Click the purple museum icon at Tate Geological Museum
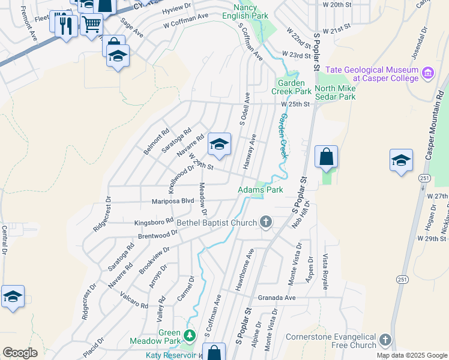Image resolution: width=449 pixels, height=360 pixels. [x=428, y=73]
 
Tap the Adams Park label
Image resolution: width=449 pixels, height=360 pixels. [x=261, y=190]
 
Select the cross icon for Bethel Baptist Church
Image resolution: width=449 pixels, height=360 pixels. [x=265, y=223]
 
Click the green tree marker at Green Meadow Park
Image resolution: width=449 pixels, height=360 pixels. [x=190, y=334]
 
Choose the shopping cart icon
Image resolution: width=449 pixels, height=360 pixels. [x=91, y=25]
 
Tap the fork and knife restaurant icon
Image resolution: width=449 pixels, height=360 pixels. [x=66, y=25]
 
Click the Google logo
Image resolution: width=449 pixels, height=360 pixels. [x=20, y=353]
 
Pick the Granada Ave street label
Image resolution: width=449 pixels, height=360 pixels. [x=277, y=298]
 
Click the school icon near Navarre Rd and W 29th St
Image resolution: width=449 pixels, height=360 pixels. [x=219, y=145]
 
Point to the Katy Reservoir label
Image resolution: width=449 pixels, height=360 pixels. [x=170, y=355]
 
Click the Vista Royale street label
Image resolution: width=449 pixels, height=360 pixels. [x=326, y=271]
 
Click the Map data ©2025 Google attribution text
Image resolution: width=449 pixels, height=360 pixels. [x=411, y=355]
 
